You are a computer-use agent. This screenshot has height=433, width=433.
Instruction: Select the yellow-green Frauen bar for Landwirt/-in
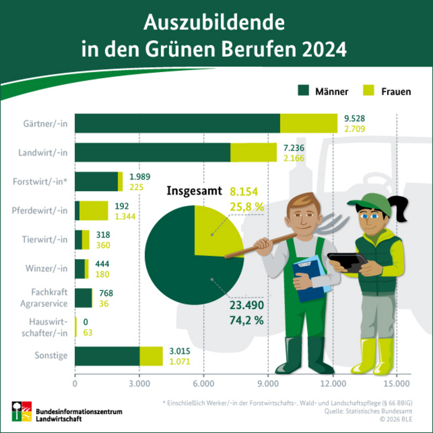254,153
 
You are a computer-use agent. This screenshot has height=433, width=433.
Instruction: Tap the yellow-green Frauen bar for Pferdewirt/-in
94,210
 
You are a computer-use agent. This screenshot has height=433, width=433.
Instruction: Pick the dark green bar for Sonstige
107,356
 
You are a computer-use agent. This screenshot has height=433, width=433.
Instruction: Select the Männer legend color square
304,90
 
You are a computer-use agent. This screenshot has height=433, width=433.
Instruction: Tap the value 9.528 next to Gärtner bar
355,118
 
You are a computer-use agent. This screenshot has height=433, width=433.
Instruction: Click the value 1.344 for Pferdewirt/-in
125,216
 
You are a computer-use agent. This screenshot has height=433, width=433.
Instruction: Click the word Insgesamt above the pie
194,191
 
